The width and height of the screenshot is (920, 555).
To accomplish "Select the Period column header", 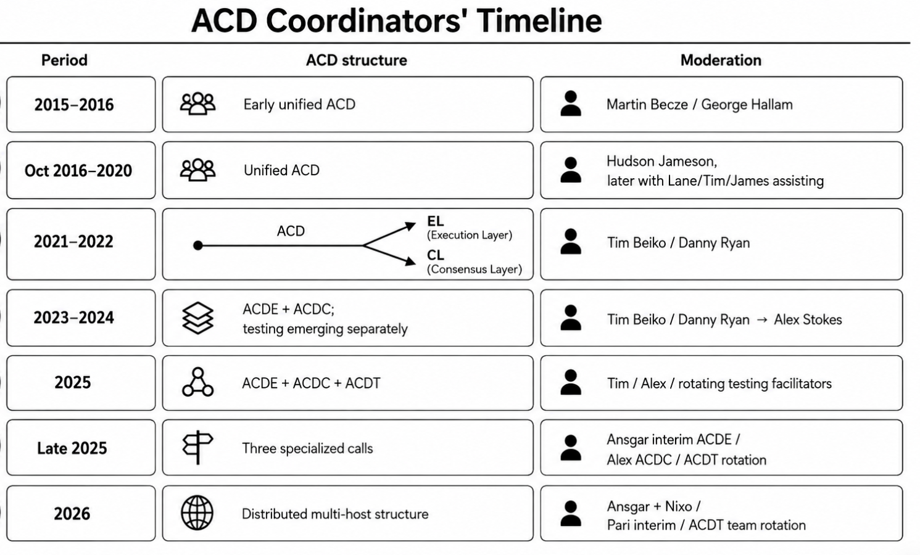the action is click(x=65, y=60).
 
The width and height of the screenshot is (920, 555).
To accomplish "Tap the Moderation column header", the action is click(x=721, y=60).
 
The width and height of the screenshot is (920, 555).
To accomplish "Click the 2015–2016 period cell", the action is click(x=81, y=104).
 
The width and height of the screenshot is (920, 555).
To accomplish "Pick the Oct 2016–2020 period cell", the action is click(x=81, y=170).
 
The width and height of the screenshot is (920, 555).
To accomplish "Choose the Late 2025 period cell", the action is click(x=81, y=448).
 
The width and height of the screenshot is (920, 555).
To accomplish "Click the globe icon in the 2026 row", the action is click(x=197, y=512).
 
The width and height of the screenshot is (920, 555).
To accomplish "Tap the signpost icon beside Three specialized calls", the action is click(x=197, y=447).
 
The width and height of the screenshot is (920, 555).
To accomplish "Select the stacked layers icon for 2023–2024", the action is click(x=197, y=318).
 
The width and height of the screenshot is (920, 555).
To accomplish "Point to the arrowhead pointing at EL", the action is click(x=410, y=226).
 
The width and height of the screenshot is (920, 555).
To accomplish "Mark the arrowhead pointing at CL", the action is click(x=410, y=261).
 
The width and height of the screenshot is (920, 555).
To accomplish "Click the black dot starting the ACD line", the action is click(x=198, y=245).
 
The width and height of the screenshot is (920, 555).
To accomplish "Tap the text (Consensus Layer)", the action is click(x=475, y=269).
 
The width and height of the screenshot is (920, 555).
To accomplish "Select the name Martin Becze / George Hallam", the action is click(x=700, y=104).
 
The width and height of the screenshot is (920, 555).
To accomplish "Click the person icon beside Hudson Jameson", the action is click(x=571, y=170).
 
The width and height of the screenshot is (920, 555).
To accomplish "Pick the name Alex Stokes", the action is click(x=808, y=319).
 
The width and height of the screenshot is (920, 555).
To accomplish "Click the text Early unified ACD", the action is click(x=299, y=104).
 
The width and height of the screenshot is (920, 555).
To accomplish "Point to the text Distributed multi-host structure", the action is click(x=335, y=514).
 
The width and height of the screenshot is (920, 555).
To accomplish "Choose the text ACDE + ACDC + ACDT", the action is click(x=312, y=383).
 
